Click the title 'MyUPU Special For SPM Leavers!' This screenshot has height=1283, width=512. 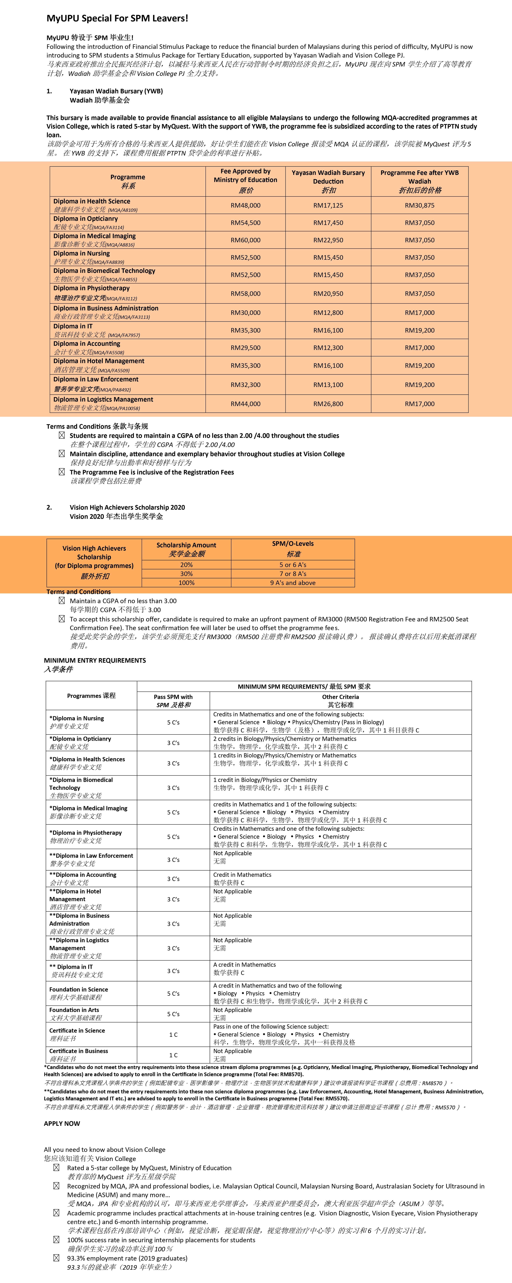tap(117, 18)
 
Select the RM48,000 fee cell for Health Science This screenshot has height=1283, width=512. tap(245, 205)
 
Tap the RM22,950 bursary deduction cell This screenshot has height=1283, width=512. tap(328, 240)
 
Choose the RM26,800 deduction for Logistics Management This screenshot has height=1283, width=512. tap(328, 404)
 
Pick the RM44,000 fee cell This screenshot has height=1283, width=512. tap(245, 404)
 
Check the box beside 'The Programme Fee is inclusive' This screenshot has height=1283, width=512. tap(62, 472)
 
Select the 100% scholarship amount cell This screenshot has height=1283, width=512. tap(186, 583)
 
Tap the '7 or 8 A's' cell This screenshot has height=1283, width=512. tap(293, 574)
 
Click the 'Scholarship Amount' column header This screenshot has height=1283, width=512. tap(186, 545)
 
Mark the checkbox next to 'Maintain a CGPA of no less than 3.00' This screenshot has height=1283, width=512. tap(62, 601)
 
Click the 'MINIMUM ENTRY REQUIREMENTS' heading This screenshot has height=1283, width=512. tap(95, 660)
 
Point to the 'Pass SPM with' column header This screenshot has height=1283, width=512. tap(173, 697)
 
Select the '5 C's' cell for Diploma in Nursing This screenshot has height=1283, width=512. tap(173, 722)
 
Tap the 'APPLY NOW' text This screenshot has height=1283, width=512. tap(62, 1123)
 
